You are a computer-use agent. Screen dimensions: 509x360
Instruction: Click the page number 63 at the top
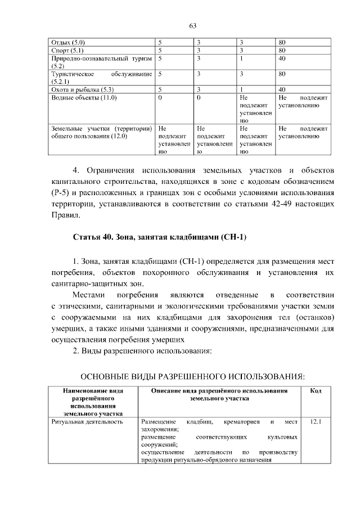pos(192,25)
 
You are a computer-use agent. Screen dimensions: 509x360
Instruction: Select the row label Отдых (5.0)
pos(68,42)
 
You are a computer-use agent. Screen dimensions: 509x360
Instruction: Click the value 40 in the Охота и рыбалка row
pos(282,89)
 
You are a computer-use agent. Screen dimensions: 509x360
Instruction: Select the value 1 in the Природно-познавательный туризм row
pos(241,58)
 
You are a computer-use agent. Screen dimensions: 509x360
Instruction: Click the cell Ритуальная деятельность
pos(87,421)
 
